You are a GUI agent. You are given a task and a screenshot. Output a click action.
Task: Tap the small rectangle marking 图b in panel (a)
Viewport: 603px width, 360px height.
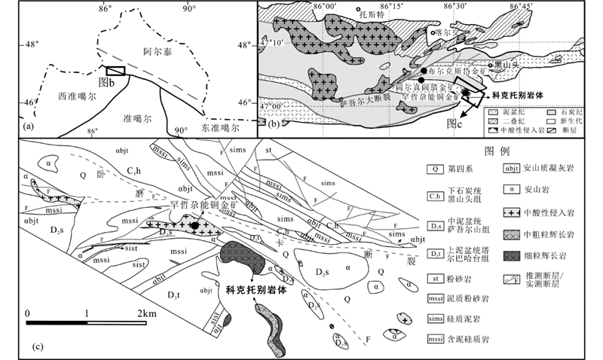(115, 71)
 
